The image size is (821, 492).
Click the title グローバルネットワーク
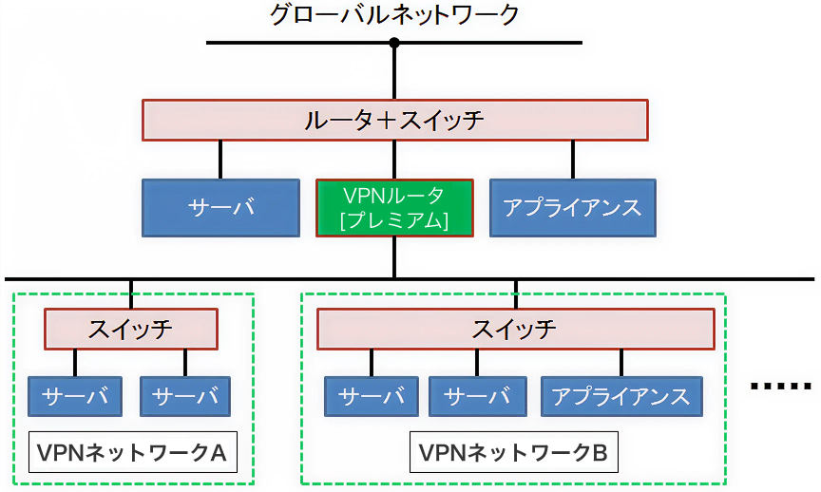pos(393,14)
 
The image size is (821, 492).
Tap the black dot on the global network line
pos(394,43)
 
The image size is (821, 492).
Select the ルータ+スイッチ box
pos(395,121)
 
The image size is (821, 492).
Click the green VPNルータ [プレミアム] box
pos(394,208)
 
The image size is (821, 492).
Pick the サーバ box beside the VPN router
pos(221,208)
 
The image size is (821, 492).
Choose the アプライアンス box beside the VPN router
pos(573,208)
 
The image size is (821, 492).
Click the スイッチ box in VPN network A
pos(131,330)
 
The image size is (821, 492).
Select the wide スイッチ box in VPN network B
pos(516,330)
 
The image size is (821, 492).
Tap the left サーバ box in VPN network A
pos(75,397)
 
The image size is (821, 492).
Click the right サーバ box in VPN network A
pos(185,397)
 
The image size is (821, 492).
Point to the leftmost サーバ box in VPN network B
pos(372,397)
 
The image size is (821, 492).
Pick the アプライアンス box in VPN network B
pos(621,397)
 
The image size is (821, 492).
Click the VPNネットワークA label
pos(132,452)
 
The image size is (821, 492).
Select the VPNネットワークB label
pos(514,452)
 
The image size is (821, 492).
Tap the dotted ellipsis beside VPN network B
pos(781,387)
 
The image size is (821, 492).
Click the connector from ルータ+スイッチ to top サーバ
pos(220,161)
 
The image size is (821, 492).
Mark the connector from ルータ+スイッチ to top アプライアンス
pos(573,161)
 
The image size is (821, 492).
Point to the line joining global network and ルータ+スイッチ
pos(394,71)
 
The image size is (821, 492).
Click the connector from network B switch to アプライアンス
pos(621,363)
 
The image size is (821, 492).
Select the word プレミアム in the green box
pos(394,220)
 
